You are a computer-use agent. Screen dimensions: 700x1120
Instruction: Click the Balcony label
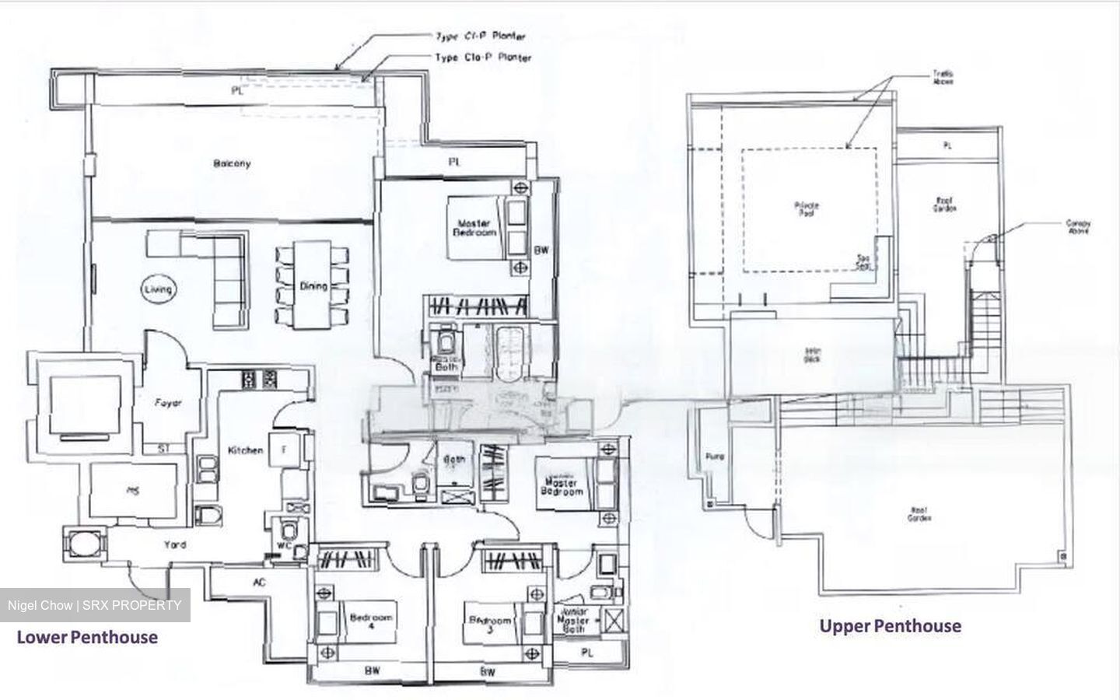[232, 164]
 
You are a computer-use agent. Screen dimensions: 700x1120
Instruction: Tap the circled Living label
[158, 289]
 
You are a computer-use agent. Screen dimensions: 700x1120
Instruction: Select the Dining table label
[313, 286]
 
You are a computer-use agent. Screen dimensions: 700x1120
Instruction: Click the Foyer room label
[168, 403]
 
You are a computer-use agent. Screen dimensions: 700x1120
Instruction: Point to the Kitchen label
[245, 450]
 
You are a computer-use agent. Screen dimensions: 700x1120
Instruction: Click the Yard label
[175, 544]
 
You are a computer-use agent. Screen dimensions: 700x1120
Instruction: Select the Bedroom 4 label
[372, 622]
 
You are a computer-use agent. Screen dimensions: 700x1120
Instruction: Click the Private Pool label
[807, 209]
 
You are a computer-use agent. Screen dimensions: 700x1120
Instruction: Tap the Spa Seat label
[863, 262]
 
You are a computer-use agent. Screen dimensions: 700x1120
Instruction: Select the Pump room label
[714, 457]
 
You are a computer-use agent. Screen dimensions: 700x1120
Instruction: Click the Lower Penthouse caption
[87, 638]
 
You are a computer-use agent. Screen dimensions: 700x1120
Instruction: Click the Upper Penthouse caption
[890, 626]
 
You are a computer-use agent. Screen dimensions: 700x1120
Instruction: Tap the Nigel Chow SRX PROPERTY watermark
[94, 605]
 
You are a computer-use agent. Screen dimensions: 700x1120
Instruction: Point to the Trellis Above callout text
[943, 77]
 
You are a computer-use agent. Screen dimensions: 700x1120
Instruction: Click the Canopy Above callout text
[1078, 226]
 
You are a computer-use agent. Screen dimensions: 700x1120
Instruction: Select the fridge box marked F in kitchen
[283, 450]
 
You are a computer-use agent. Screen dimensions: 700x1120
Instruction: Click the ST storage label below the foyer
[163, 449]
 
